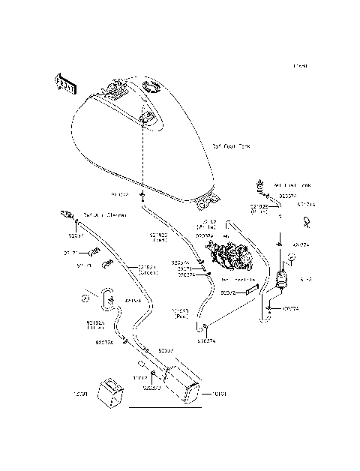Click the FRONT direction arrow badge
coord(65,85)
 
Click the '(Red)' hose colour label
coord(181,317)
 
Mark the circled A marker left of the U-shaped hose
coord(85,298)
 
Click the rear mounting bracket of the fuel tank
coord(207,199)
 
